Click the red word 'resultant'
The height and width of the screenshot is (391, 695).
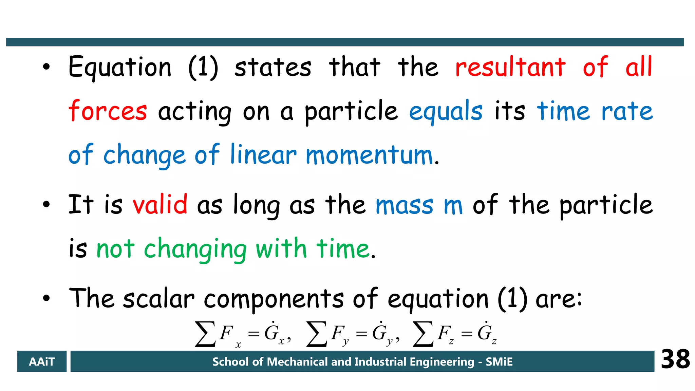(510, 67)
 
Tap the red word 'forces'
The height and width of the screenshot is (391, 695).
(108, 111)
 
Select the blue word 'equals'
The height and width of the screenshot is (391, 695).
(446, 111)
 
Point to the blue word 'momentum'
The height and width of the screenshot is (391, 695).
(369, 155)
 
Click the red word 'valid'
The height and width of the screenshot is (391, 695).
(160, 204)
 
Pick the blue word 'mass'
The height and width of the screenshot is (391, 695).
(405, 205)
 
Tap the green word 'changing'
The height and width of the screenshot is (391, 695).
(195, 249)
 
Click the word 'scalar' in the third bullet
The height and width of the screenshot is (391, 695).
(158, 299)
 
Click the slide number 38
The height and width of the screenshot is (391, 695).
(675, 359)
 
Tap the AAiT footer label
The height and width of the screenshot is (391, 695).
(42, 361)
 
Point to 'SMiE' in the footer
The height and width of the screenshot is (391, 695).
(499, 362)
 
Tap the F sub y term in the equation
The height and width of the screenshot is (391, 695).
(340, 334)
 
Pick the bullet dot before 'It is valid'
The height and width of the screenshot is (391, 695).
(46, 204)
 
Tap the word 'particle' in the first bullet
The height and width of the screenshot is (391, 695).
(351, 111)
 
